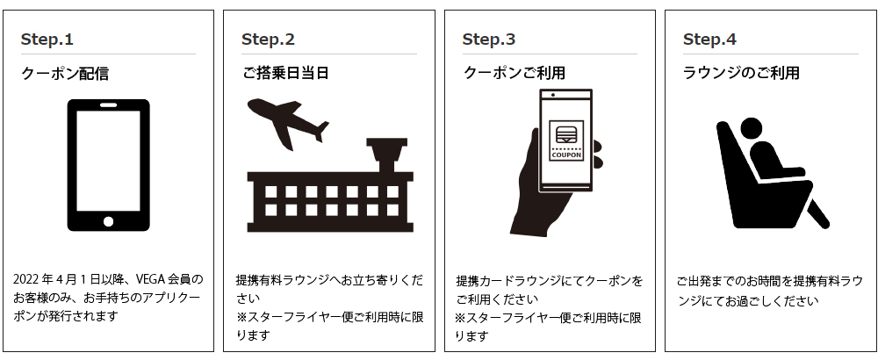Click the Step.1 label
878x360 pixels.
click(47, 40)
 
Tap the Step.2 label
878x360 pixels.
click(268, 40)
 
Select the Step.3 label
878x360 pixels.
click(489, 40)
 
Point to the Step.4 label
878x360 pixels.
click(709, 40)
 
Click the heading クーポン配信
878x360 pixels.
click(65, 74)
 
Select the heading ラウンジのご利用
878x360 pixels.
click(741, 74)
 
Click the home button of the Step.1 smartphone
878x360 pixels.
click(109, 220)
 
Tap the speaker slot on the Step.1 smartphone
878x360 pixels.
click(109, 105)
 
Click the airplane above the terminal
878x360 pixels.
click(287, 121)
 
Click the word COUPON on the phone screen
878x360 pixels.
click(565, 156)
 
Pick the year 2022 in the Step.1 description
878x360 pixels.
click(28, 280)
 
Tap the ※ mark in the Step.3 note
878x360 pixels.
click(462, 318)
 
